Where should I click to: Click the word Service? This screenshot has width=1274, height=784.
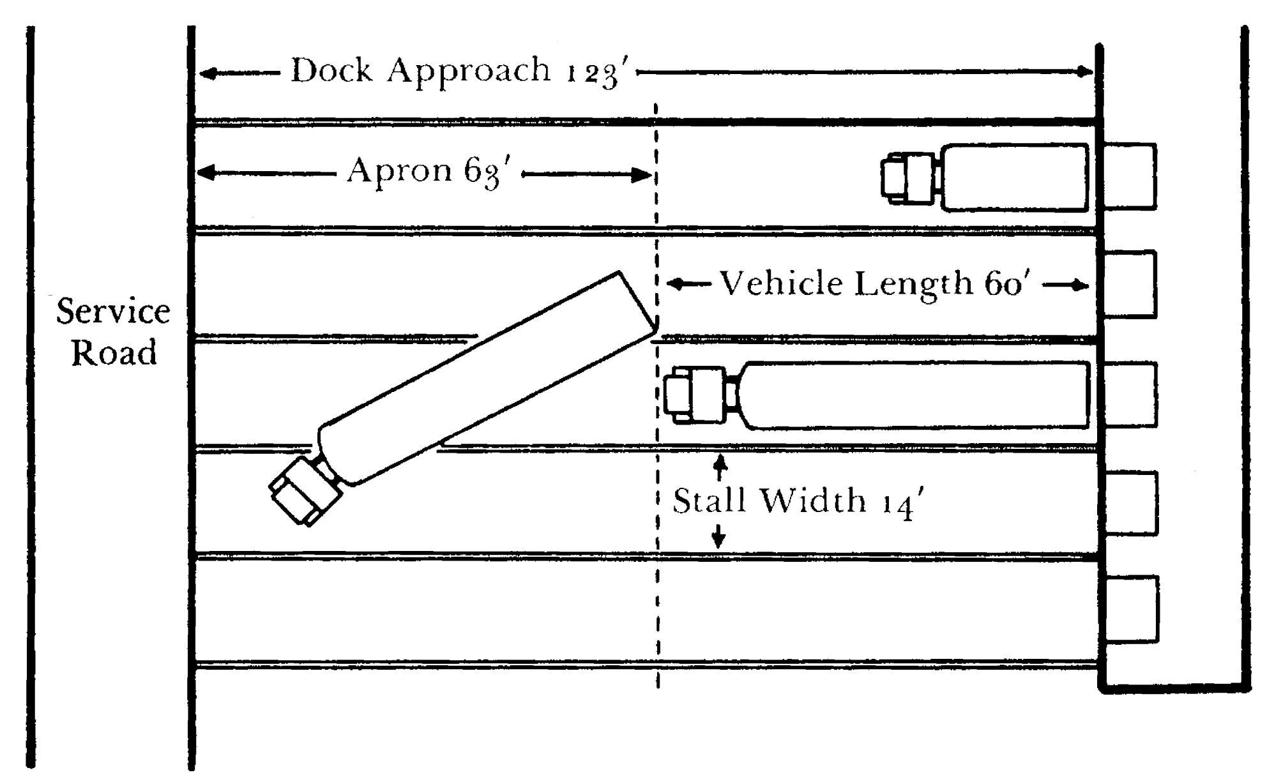point(113,312)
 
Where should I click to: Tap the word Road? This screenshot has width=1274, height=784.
point(114,352)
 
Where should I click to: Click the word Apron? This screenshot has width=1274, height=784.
point(400,171)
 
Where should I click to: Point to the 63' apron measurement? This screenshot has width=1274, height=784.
point(488,172)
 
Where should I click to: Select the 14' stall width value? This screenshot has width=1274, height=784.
point(903,502)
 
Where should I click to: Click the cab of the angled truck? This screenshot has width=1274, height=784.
point(304,490)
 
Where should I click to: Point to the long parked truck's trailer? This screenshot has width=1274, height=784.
point(916,395)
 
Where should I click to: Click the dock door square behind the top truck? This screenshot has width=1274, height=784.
point(1129,177)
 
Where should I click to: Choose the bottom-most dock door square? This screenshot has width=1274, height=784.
point(1130,609)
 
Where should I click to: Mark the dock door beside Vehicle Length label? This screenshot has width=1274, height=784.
point(1129,284)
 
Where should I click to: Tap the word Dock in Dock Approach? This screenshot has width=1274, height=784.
point(331,70)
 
